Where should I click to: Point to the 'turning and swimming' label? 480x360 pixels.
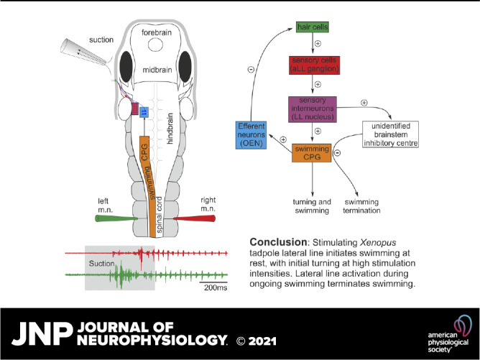[311, 206]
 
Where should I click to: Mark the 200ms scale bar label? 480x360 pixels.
[213, 286]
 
